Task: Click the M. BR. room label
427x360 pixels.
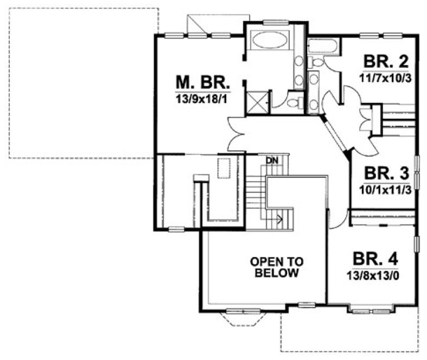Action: (x=203, y=83)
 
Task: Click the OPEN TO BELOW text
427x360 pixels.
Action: (x=275, y=267)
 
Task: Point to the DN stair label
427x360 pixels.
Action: (x=271, y=160)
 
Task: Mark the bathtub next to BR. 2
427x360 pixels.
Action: (x=324, y=47)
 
